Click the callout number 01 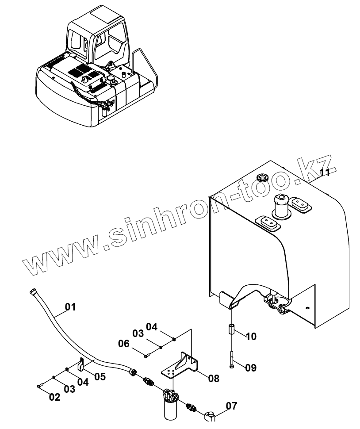70,306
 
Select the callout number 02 54,397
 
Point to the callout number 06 123,343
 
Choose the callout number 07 231,405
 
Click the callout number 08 213,378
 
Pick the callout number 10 250,337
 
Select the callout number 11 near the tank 325,173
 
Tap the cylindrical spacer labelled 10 231,330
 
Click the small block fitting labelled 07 211,415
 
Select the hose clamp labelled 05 80,365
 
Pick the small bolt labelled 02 39,386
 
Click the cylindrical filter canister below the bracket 170,409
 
